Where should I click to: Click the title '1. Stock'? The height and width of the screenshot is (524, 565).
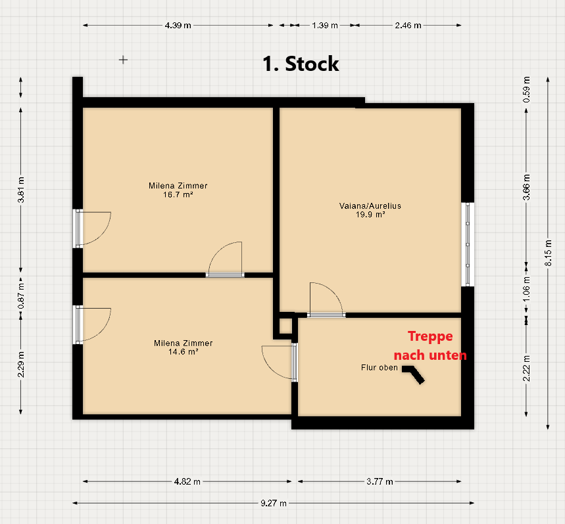(x=301, y=64)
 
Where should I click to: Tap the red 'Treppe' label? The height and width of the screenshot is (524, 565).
(x=430, y=337)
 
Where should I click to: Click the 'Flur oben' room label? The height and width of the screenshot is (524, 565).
(x=380, y=368)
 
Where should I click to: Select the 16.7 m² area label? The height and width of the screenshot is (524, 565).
(x=178, y=194)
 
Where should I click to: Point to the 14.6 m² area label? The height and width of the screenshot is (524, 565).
(x=183, y=352)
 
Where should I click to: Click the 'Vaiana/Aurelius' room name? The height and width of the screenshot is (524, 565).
(x=370, y=206)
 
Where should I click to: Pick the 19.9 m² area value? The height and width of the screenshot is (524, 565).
(x=370, y=215)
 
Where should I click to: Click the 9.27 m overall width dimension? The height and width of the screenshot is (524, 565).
(x=274, y=503)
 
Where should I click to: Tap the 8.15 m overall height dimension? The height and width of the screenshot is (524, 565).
(x=548, y=253)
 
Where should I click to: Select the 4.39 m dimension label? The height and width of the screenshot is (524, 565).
(x=178, y=26)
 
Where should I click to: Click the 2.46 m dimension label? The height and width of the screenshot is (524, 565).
(x=408, y=26)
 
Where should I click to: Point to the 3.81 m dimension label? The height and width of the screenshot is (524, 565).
(x=21, y=190)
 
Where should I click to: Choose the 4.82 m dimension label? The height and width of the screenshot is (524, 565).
(x=187, y=481)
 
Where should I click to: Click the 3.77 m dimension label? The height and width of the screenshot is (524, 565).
(x=380, y=481)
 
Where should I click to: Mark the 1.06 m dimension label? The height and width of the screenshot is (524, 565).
(x=526, y=289)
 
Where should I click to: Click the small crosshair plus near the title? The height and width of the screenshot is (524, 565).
(x=123, y=60)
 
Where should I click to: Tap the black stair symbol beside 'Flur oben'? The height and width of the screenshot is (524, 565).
(x=413, y=374)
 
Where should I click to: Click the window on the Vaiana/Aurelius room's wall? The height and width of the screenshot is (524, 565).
(x=468, y=244)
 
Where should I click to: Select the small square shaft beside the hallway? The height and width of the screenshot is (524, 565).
(x=285, y=326)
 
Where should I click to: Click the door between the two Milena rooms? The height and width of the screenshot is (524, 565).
(x=225, y=275)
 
